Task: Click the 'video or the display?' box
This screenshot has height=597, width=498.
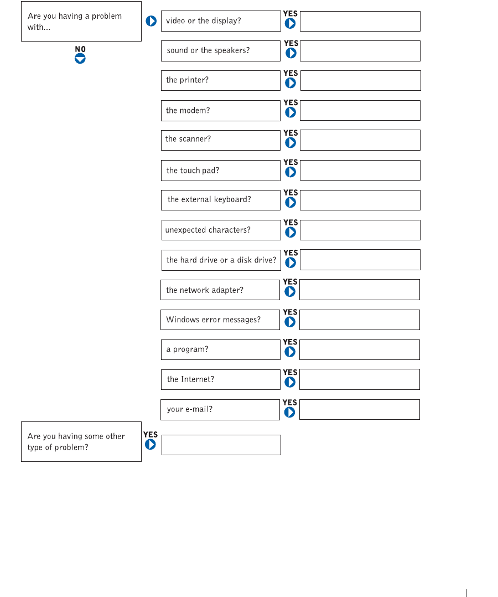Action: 221,21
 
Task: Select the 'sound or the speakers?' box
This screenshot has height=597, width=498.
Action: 221,51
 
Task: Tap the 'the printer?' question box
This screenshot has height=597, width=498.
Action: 221,80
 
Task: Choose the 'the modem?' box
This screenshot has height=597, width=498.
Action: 221,111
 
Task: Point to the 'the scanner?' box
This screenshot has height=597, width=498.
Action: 221,140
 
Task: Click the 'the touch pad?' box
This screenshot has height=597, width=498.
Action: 221,171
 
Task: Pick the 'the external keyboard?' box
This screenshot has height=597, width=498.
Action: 221,200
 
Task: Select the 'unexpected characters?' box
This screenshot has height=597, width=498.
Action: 221,230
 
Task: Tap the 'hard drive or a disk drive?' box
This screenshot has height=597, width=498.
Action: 221,260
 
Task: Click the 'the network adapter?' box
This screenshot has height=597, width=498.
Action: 220,290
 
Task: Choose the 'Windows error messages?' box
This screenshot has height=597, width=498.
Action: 220,320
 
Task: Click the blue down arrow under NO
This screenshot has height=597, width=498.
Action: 80,58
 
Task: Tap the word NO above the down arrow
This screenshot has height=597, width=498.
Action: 80,49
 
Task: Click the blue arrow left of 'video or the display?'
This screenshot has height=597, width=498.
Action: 151,22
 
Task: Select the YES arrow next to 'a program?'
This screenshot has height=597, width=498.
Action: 290,352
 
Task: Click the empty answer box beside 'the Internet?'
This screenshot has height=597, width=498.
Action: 360,380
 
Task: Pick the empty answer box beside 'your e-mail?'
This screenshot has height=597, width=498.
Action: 360,410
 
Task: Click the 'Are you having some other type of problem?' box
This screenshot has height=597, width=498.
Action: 81,442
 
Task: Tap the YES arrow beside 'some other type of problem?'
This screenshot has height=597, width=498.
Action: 150,444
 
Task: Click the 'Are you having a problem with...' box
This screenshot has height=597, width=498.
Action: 81,22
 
